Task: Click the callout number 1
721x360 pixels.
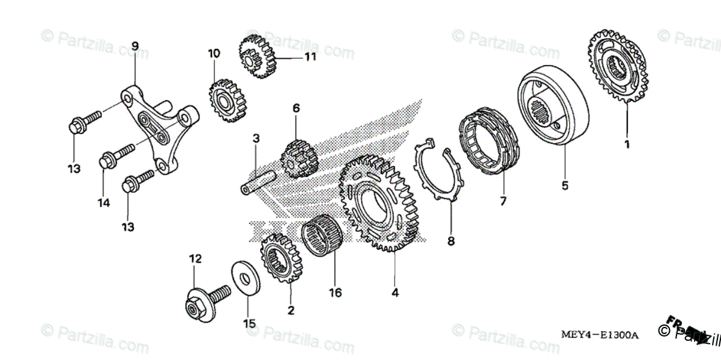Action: click(x=626, y=144)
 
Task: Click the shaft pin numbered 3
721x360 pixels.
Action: click(x=259, y=182)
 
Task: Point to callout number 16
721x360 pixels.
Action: click(x=335, y=293)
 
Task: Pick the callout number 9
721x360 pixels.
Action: click(x=135, y=46)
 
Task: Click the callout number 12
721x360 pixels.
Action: click(x=195, y=259)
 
